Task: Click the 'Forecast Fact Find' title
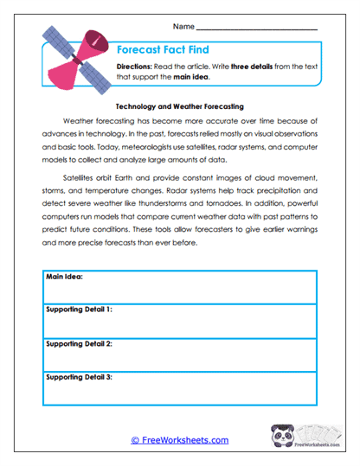point(163,49)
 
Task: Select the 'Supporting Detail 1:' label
point(78,309)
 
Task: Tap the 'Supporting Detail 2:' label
point(78,343)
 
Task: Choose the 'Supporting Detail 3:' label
point(78,378)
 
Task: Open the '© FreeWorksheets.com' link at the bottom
point(180,440)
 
